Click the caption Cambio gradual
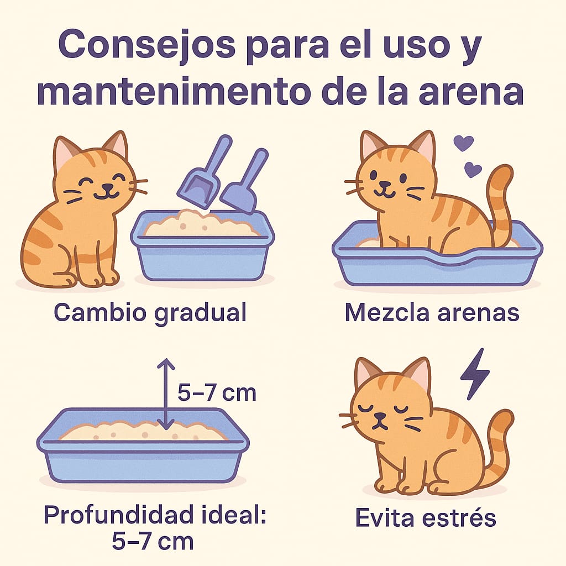(x=150, y=313)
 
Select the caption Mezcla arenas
(x=432, y=313)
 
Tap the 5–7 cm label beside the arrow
(x=217, y=393)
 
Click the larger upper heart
(x=463, y=143)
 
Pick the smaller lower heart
(x=473, y=169)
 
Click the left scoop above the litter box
(x=203, y=174)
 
